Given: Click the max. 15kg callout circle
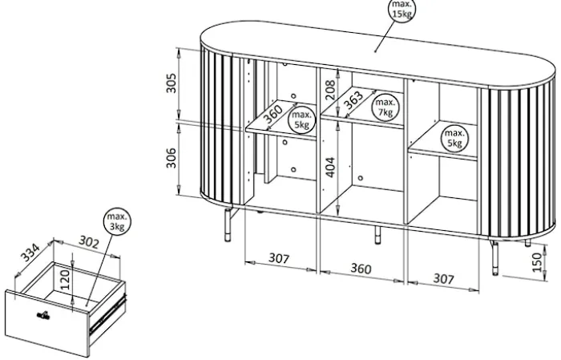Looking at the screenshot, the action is [402, 10].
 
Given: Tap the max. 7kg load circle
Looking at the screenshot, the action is [385, 107].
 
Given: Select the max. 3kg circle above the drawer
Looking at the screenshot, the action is [117, 222].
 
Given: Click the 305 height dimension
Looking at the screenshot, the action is [172, 83].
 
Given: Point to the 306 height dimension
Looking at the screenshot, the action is [172, 158].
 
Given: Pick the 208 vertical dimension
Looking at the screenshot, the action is [330, 90].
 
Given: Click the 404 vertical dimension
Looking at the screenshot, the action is [330, 167].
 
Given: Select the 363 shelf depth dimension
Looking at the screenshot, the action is [353, 100].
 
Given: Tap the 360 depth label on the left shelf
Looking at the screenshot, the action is [273, 114].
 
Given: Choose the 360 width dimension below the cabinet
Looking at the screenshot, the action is [361, 269].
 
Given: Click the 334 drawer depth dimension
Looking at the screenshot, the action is [30, 253].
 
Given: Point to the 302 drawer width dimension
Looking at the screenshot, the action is [88, 242].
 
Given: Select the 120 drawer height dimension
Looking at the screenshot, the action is [65, 280].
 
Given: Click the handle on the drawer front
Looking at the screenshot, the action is [43, 315].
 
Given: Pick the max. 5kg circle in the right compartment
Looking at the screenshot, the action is [454, 139].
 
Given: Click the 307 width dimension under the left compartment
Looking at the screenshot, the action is [279, 257].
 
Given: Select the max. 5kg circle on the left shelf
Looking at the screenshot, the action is [301, 120].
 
